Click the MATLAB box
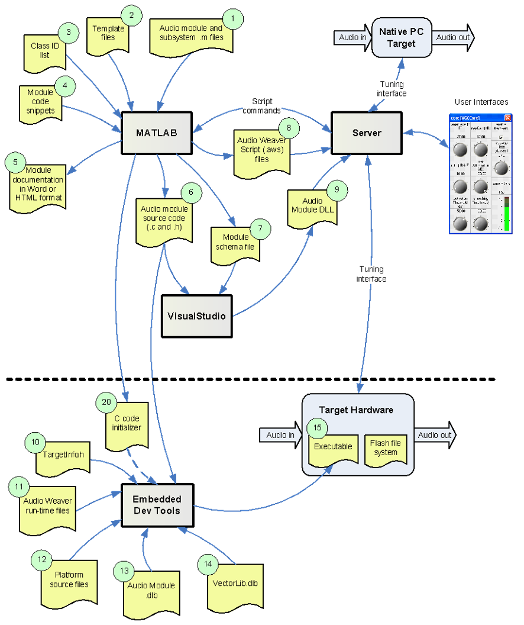[x=157, y=133]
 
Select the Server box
[x=367, y=133]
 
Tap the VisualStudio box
[x=196, y=316]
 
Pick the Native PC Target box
[x=402, y=38]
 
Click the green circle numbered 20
[x=106, y=402]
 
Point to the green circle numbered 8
[x=289, y=128]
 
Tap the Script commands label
[x=262, y=106]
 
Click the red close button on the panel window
[x=507, y=117]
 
